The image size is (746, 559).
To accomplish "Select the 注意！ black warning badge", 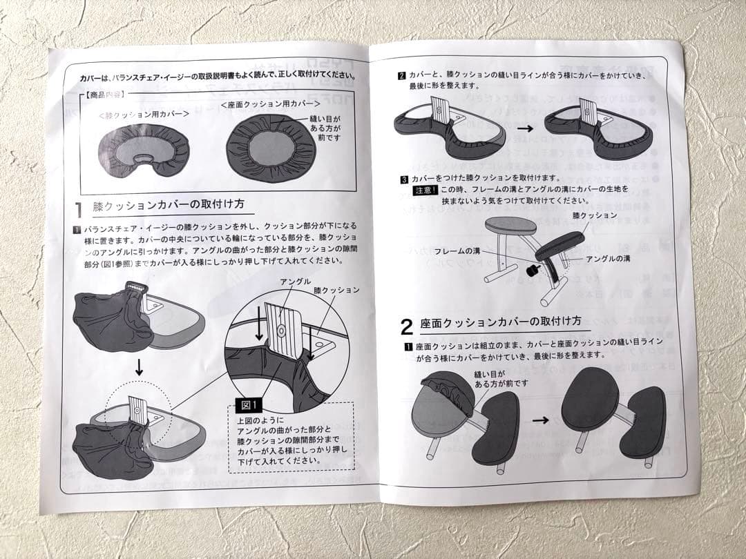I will point(425,190).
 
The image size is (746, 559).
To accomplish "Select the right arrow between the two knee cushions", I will point(526,128).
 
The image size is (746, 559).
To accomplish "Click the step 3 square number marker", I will point(404,179).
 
